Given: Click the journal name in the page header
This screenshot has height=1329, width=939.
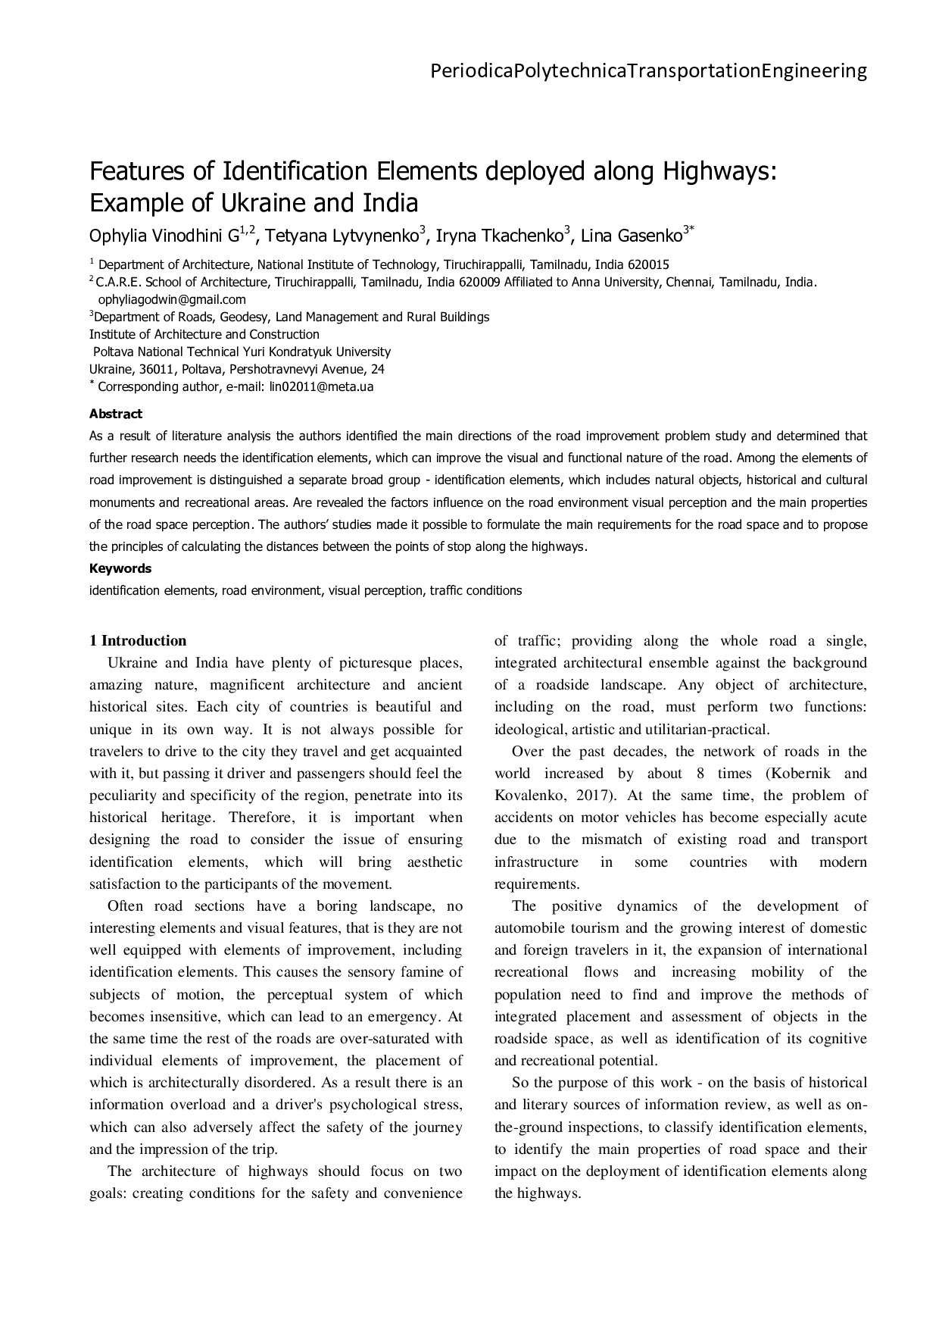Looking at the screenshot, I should click(648, 71).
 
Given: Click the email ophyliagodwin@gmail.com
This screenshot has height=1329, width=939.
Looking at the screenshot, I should click(172, 299).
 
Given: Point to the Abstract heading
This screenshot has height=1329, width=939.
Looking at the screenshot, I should click(116, 414).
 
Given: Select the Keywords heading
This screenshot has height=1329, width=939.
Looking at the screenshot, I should click(120, 568).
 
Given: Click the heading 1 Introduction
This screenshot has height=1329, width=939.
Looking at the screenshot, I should click(138, 640).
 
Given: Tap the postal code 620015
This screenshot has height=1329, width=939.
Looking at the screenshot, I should click(644, 264).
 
